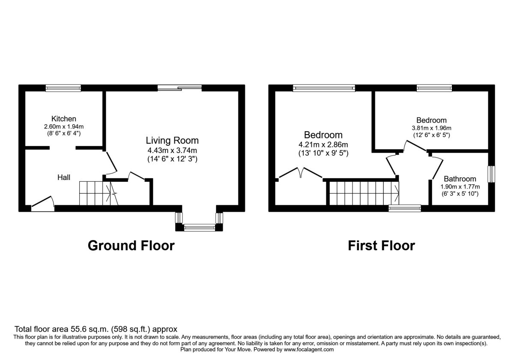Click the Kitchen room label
click(x=63, y=119)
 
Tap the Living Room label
click(x=172, y=141)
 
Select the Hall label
click(x=63, y=177)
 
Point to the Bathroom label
click(x=460, y=179)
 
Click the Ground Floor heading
click(x=131, y=246)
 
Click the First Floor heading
click(x=381, y=246)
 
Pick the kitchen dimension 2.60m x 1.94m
click(x=64, y=126)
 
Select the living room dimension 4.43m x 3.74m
click(x=172, y=150)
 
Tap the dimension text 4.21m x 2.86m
click(x=323, y=145)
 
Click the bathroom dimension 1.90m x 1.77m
click(x=460, y=187)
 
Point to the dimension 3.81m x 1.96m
click(x=431, y=128)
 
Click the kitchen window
click(x=63, y=88)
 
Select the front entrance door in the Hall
click(x=43, y=204)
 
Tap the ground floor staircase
click(x=99, y=193)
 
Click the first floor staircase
click(x=364, y=193)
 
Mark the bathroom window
click(x=491, y=174)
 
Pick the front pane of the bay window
click(x=200, y=228)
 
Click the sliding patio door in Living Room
click(x=179, y=88)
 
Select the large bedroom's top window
click(x=324, y=88)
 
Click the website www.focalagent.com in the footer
click(x=309, y=350)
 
